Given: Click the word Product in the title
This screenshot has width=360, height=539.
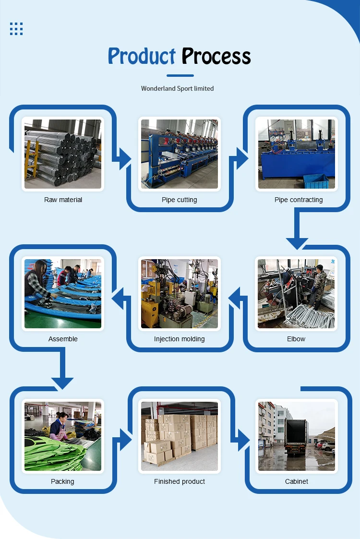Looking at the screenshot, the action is click(x=142, y=57).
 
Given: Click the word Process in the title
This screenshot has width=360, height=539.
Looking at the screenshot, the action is click(x=216, y=57).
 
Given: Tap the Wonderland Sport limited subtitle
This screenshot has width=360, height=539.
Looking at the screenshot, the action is click(x=177, y=88).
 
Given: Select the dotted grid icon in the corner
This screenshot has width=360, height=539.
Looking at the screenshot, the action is click(x=16, y=29).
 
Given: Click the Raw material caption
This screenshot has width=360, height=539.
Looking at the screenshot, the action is click(x=63, y=200).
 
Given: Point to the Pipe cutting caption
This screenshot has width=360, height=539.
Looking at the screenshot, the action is click(x=179, y=200).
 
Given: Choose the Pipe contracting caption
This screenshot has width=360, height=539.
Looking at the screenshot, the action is click(x=299, y=200).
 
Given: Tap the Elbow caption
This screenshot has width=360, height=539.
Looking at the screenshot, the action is click(x=296, y=339).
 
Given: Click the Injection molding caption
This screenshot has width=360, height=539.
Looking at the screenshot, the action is click(x=179, y=339).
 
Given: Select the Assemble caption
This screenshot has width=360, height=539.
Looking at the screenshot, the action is click(x=63, y=339).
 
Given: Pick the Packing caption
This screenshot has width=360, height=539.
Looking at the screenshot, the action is click(x=62, y=481).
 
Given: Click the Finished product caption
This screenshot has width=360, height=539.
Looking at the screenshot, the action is click(x=180, y=481).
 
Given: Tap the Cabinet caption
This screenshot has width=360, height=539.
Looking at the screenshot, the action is click(x=297, y=481).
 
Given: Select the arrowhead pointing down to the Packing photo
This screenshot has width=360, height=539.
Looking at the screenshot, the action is click(x=63, y=383).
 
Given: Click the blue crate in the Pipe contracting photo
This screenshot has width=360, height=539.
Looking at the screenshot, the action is click(x=315, y=181).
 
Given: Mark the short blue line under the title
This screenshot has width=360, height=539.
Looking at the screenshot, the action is click(x=180, y=75).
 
